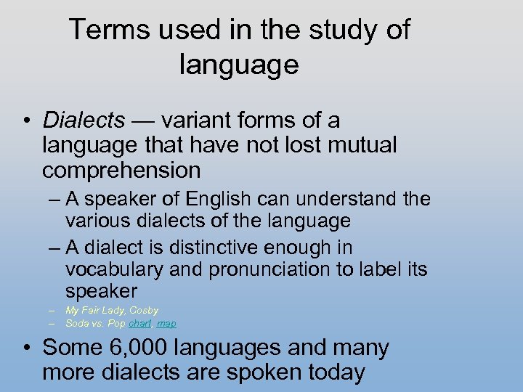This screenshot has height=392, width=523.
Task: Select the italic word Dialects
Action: [x=84, y=121]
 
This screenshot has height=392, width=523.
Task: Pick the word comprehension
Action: [x=121, y=171]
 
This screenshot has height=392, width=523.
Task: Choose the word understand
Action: [x=353, y=199]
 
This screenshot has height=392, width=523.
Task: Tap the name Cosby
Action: [x=144, y=311]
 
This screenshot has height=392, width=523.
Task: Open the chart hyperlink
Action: [x=141, y=324]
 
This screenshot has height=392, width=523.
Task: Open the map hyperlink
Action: [x=166, y=324]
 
